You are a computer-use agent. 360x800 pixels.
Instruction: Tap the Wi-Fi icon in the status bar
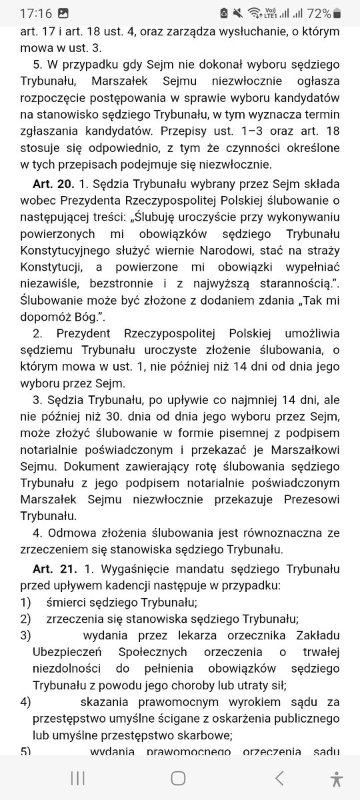[x=253, y=13]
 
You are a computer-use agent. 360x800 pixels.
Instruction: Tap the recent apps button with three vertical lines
[x=77, y=777]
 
